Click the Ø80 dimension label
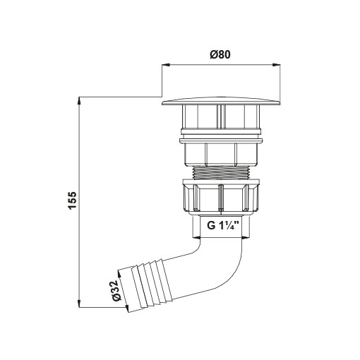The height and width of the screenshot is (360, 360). tap(220, 54)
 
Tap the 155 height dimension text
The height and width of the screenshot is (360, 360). tap(73, 200)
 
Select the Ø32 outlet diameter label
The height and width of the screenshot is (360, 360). tap(116, 291)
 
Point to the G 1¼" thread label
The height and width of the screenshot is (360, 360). tap(222, 225)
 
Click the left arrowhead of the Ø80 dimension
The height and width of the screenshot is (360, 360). tap(166, 65)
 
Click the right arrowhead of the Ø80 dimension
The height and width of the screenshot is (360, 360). tap(276, 65)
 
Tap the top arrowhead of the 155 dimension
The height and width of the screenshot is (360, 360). tap(80, 101)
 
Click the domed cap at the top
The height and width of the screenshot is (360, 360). tap(221, 101)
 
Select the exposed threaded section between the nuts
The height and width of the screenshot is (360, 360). tap(221, 173)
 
